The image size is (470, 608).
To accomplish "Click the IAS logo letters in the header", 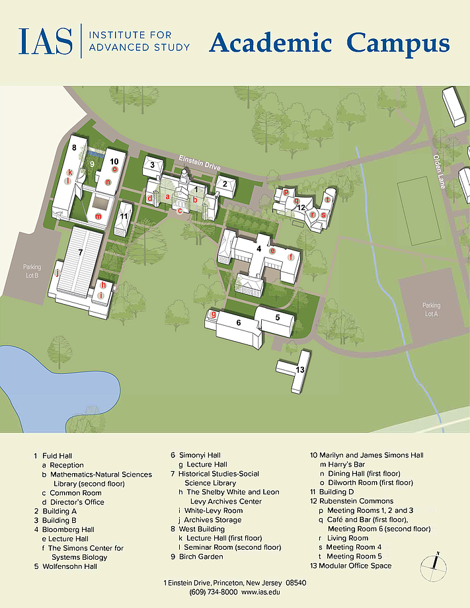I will click(x=46, y=41).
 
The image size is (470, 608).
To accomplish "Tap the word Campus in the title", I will click(x=399, y=44).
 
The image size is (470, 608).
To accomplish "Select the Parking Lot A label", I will click(x=431, y=309).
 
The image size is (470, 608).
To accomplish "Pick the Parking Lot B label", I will click(x=31, y=271).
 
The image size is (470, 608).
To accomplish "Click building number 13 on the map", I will click(x=300, y=369).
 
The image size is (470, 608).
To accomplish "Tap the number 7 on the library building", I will click(x=80, y=252).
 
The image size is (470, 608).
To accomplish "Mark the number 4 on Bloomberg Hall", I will click(x=258, y=248).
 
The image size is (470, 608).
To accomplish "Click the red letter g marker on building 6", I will click(x=214, y=314).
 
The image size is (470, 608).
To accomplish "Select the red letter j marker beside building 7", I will click(x=57, y=272).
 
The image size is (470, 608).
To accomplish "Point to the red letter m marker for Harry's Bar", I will click(x=98, y=216).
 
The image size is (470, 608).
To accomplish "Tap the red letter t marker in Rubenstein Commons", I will click(x=327, y=199).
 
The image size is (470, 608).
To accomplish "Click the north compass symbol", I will click(x=434, y=563).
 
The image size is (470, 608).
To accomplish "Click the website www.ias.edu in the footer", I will click(x=260, y=592).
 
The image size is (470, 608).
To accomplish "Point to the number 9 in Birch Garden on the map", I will click(x=93, y=164).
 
